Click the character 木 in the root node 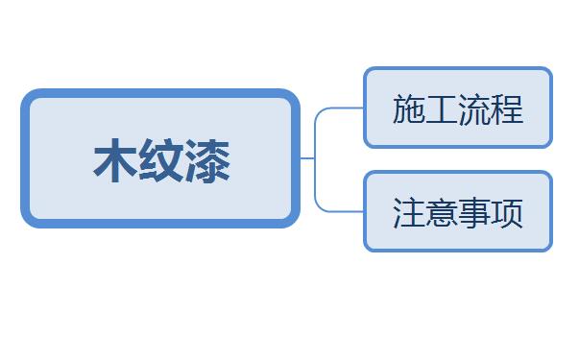pos(115,160)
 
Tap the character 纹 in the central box pos(161,160)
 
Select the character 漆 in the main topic pos(207,160)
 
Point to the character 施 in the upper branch pos(409,108)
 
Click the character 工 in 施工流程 pos(442,108)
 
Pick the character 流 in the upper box pos(474,108)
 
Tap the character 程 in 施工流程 pos(507,108)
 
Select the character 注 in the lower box pos(409,213)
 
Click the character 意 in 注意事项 pos(442,213)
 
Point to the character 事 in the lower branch pos(474,213)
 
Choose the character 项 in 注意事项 pos(507,213)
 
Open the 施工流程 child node pos(458,108)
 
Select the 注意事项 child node pos(458,211)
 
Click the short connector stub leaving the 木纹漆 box pos(307,158)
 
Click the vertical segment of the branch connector pos(315,159)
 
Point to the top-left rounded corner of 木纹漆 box pos(27,94)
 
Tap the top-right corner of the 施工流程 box pos(549,70)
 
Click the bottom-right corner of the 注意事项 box pos(549,250)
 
